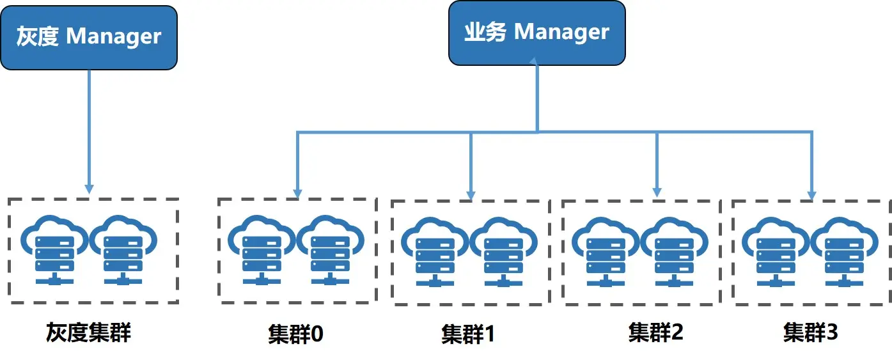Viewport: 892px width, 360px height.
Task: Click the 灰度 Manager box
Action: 88,37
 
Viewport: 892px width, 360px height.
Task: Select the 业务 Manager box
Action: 536,33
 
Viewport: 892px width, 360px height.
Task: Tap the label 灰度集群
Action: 88,333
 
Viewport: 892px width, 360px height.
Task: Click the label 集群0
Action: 295,334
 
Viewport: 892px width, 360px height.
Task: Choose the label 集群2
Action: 655,332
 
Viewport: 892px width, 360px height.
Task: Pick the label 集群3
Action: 810,332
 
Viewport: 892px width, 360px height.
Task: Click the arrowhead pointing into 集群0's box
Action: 297,192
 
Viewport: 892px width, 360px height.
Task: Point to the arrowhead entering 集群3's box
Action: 812,194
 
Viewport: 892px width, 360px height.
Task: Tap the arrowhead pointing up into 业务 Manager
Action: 537,61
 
